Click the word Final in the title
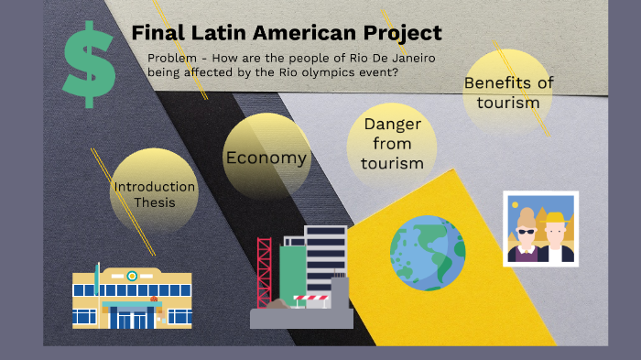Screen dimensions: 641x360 tap(157, 34)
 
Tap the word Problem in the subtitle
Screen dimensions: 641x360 tap(172, 59)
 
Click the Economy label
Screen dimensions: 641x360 tap(266, 158)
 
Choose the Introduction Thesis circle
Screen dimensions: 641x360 tap(154, 193)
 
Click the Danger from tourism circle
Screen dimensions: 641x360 tap(392, 144)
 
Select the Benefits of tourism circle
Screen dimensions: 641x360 tap(508, 93)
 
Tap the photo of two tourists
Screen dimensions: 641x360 tap(540, 228)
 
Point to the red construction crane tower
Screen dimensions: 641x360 tap(265, 271)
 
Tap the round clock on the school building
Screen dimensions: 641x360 tap(133, 275)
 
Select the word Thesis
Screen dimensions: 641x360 tap(154, 202)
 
